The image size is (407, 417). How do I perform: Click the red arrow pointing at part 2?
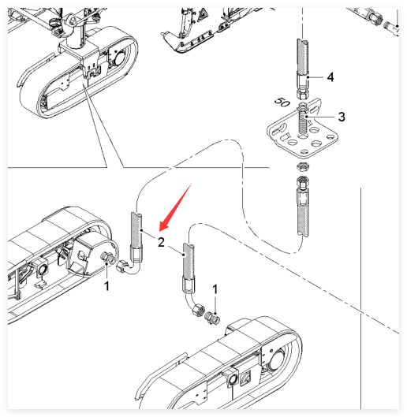click(x=175, y=207)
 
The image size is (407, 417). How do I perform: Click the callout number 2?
click(x=161, y=242)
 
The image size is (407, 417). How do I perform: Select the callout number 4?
click(x=330, y=77)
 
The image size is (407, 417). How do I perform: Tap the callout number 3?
click(x=342, y=117)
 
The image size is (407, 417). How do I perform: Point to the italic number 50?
click(x=282, y=102)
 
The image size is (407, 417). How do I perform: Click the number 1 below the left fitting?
click(x=106, y=286)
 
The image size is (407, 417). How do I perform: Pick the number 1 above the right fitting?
click(x=215, y=289)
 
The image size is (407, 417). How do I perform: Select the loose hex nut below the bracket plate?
click(x=303, y=167)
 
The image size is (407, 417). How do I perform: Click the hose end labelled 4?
click(x=303, y=69)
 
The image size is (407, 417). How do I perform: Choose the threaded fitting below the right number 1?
click(x=212, y=318)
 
